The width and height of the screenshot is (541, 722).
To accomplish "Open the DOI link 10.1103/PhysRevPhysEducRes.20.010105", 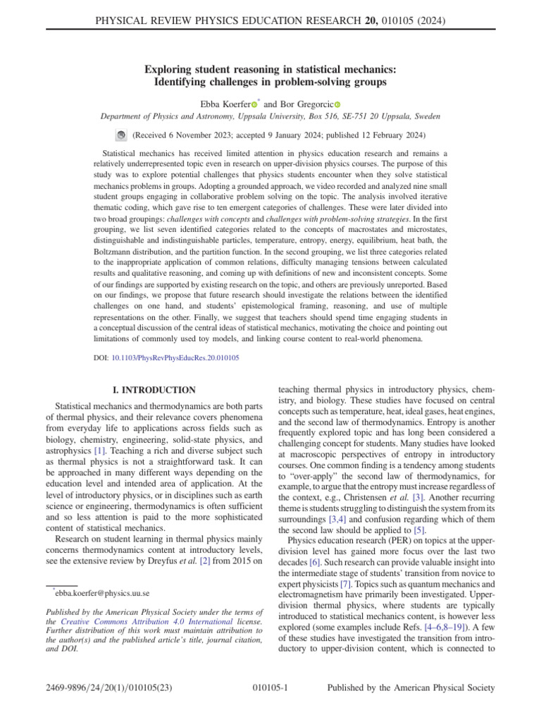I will click(175, 358).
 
